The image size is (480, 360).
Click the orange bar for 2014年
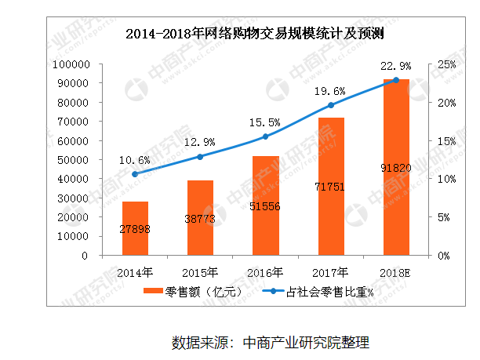[135, 228]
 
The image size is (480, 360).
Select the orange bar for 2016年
[266, 205]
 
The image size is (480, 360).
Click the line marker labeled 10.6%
[135, 174]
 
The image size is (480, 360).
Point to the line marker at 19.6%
[331, 105]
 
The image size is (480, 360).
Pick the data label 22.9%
[396, 64]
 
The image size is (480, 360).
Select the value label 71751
[331, 187]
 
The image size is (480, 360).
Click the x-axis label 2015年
[201, 272]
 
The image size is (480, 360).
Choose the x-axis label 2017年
[331, 272]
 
